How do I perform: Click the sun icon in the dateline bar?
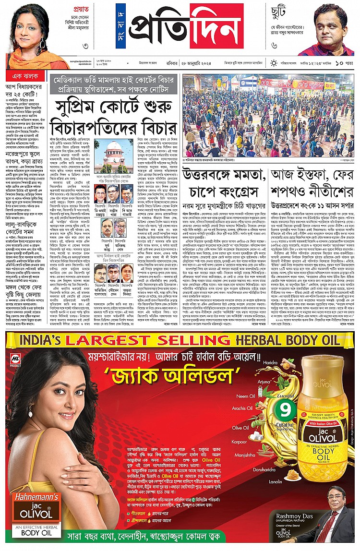(274, 63)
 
